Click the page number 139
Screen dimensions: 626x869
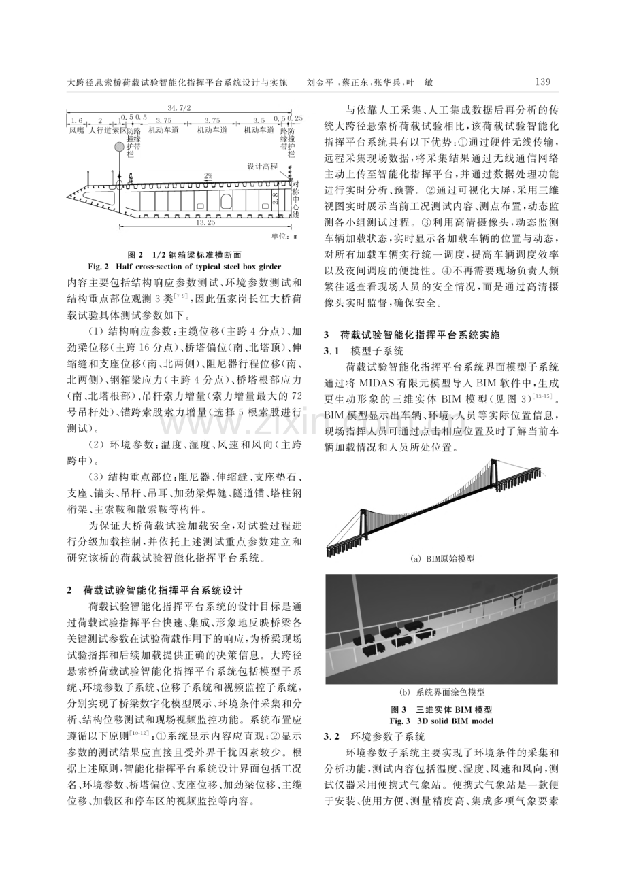click(x=542, y=82)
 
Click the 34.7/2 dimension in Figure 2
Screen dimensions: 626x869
click(x=179, y=107)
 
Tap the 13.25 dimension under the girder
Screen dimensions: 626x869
click(x=205, y=222)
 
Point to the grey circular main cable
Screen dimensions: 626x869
click(x=120, y=147)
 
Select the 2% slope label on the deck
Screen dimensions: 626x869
click(x=208, y=176)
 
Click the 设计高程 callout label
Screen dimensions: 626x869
click(x=263, y=167)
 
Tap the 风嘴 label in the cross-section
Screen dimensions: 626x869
click(x=76, y=131)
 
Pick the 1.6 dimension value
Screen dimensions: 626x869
click(x=76, y=120)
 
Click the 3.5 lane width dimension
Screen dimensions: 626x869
click(x=259, y=120)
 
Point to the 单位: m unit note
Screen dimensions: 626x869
click(x=284, y=236)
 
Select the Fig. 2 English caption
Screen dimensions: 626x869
click(x=184, y=267)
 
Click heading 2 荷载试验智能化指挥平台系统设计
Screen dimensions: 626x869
click(x=155, y=590)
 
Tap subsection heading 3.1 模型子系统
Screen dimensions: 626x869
click(x=363, y=351)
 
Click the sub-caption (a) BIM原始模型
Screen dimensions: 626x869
click(x=442, y=559)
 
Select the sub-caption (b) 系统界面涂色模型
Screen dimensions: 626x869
click(x=442, y=692)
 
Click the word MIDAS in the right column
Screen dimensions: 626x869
click(x=373, y=383)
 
